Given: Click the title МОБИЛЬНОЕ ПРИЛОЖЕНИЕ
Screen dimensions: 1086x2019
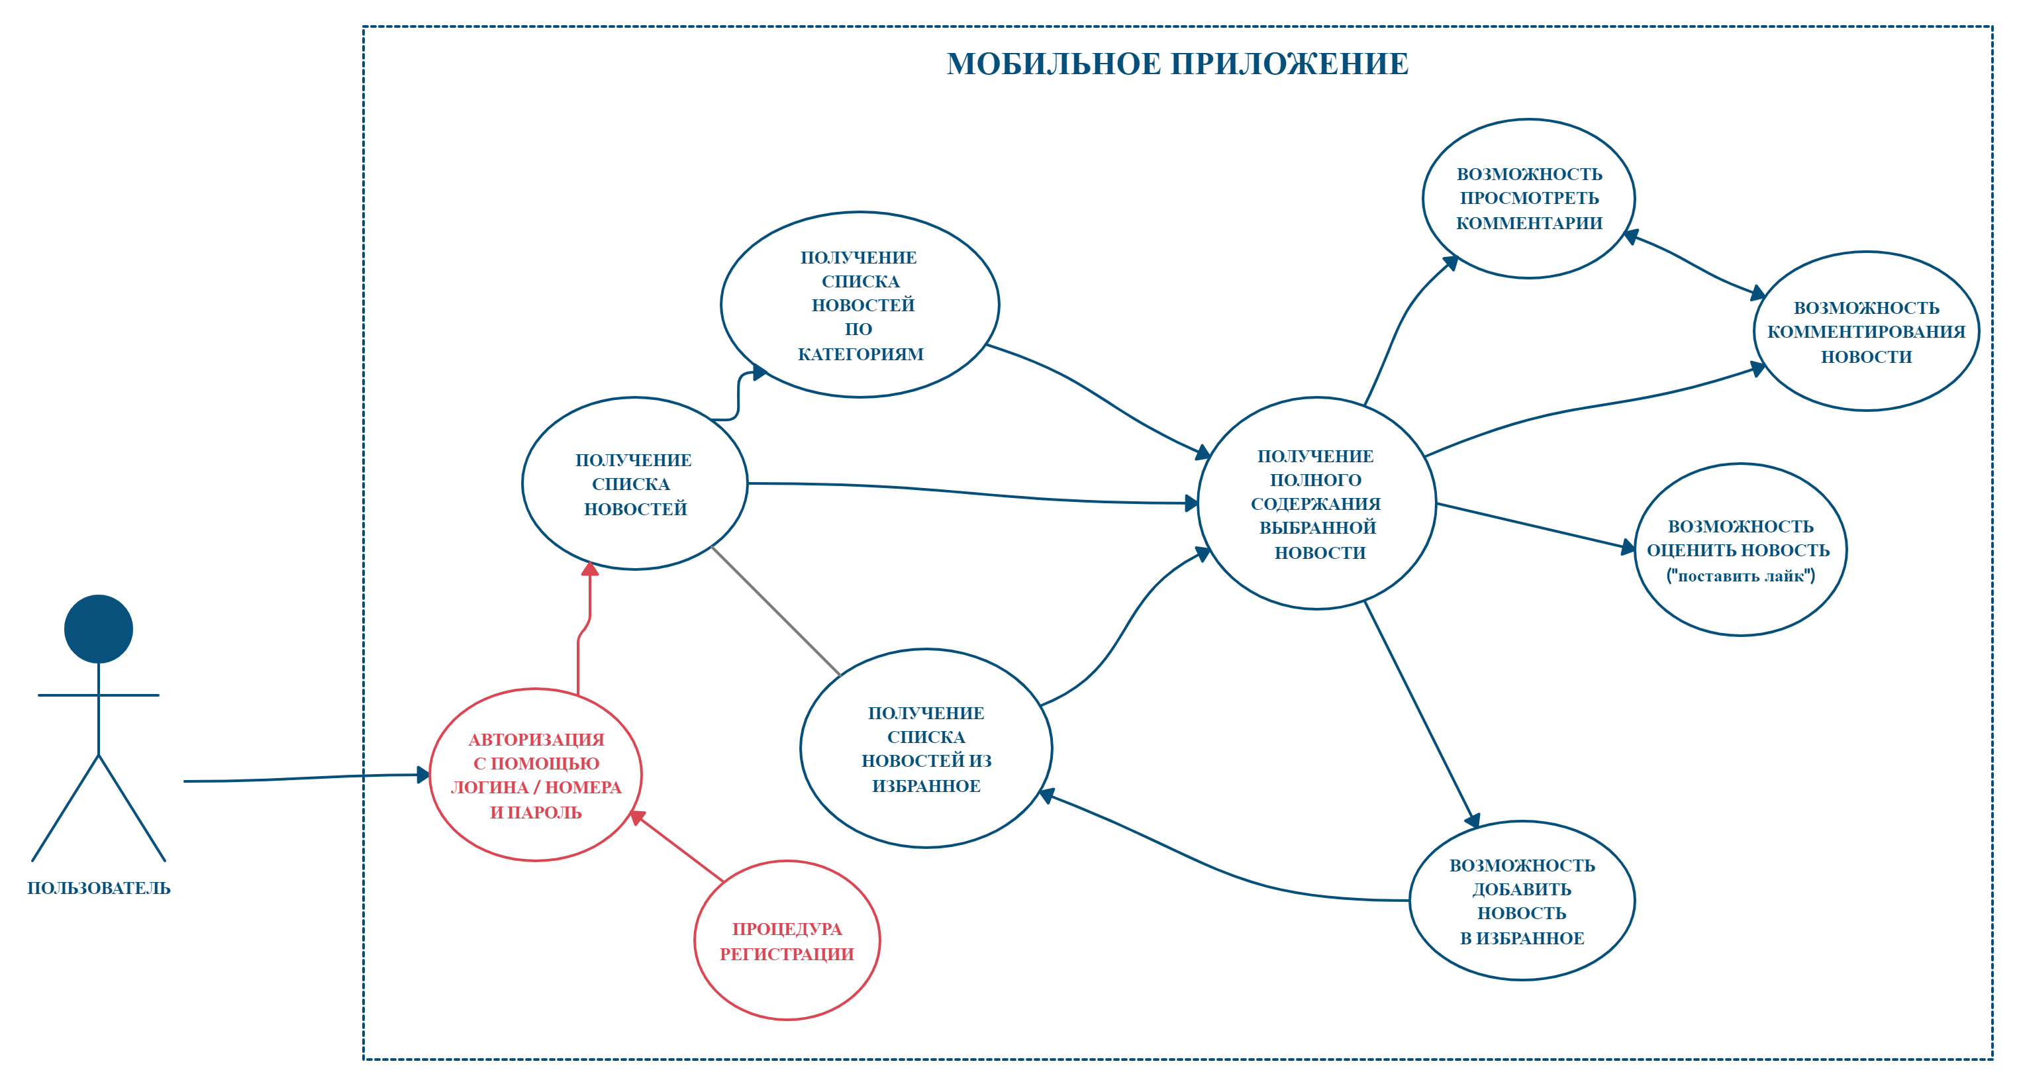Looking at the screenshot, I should pyautogui.click(x=1177, y=64).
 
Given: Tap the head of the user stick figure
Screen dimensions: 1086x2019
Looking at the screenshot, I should pyautogui.click(x=99, y=628).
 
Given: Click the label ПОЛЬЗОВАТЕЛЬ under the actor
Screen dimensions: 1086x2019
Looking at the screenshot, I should pyautogui.click(x=99, y=888).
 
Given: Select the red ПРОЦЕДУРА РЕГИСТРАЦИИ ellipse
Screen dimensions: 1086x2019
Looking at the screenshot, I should pyautogui.click(x=787, y=940).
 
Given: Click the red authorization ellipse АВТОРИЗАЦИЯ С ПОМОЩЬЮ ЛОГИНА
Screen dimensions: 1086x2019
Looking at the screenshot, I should pyautogui.click(x=536, y=775).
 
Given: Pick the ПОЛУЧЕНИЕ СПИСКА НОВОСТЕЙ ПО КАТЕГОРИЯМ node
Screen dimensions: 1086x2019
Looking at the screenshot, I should pyautogui.click(x=860, y=305).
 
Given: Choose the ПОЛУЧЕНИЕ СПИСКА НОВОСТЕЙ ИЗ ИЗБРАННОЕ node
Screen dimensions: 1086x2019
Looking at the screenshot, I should pyautogui.click(x=926, y=748).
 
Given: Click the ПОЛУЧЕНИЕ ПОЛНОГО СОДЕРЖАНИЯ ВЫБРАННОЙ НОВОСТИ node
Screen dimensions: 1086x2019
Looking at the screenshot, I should pyautogui.click(x=1316, y=504).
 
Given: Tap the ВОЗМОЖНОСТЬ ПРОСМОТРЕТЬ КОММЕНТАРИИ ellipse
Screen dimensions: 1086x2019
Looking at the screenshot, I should pyautogui.click(x=1528, y=198).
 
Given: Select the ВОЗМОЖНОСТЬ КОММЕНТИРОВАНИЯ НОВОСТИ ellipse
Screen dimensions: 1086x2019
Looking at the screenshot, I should pyautogui.click(x=1865, y=332).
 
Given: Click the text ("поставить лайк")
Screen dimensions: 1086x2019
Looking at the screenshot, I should pyautogui.click(x=1740, y=576).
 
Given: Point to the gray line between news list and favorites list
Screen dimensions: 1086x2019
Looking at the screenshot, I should pyautogui.click(x=775, y=611).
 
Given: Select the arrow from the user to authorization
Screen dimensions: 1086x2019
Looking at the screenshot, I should pyautogui.click(x=306, y=777).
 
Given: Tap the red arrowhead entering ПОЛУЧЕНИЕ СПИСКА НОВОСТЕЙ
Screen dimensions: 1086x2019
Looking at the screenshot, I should pyautogui.click(x=590, y=569).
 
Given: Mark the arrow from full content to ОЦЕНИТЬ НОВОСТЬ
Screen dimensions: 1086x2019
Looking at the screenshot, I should pyautogui.click(x=1536, y=526).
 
